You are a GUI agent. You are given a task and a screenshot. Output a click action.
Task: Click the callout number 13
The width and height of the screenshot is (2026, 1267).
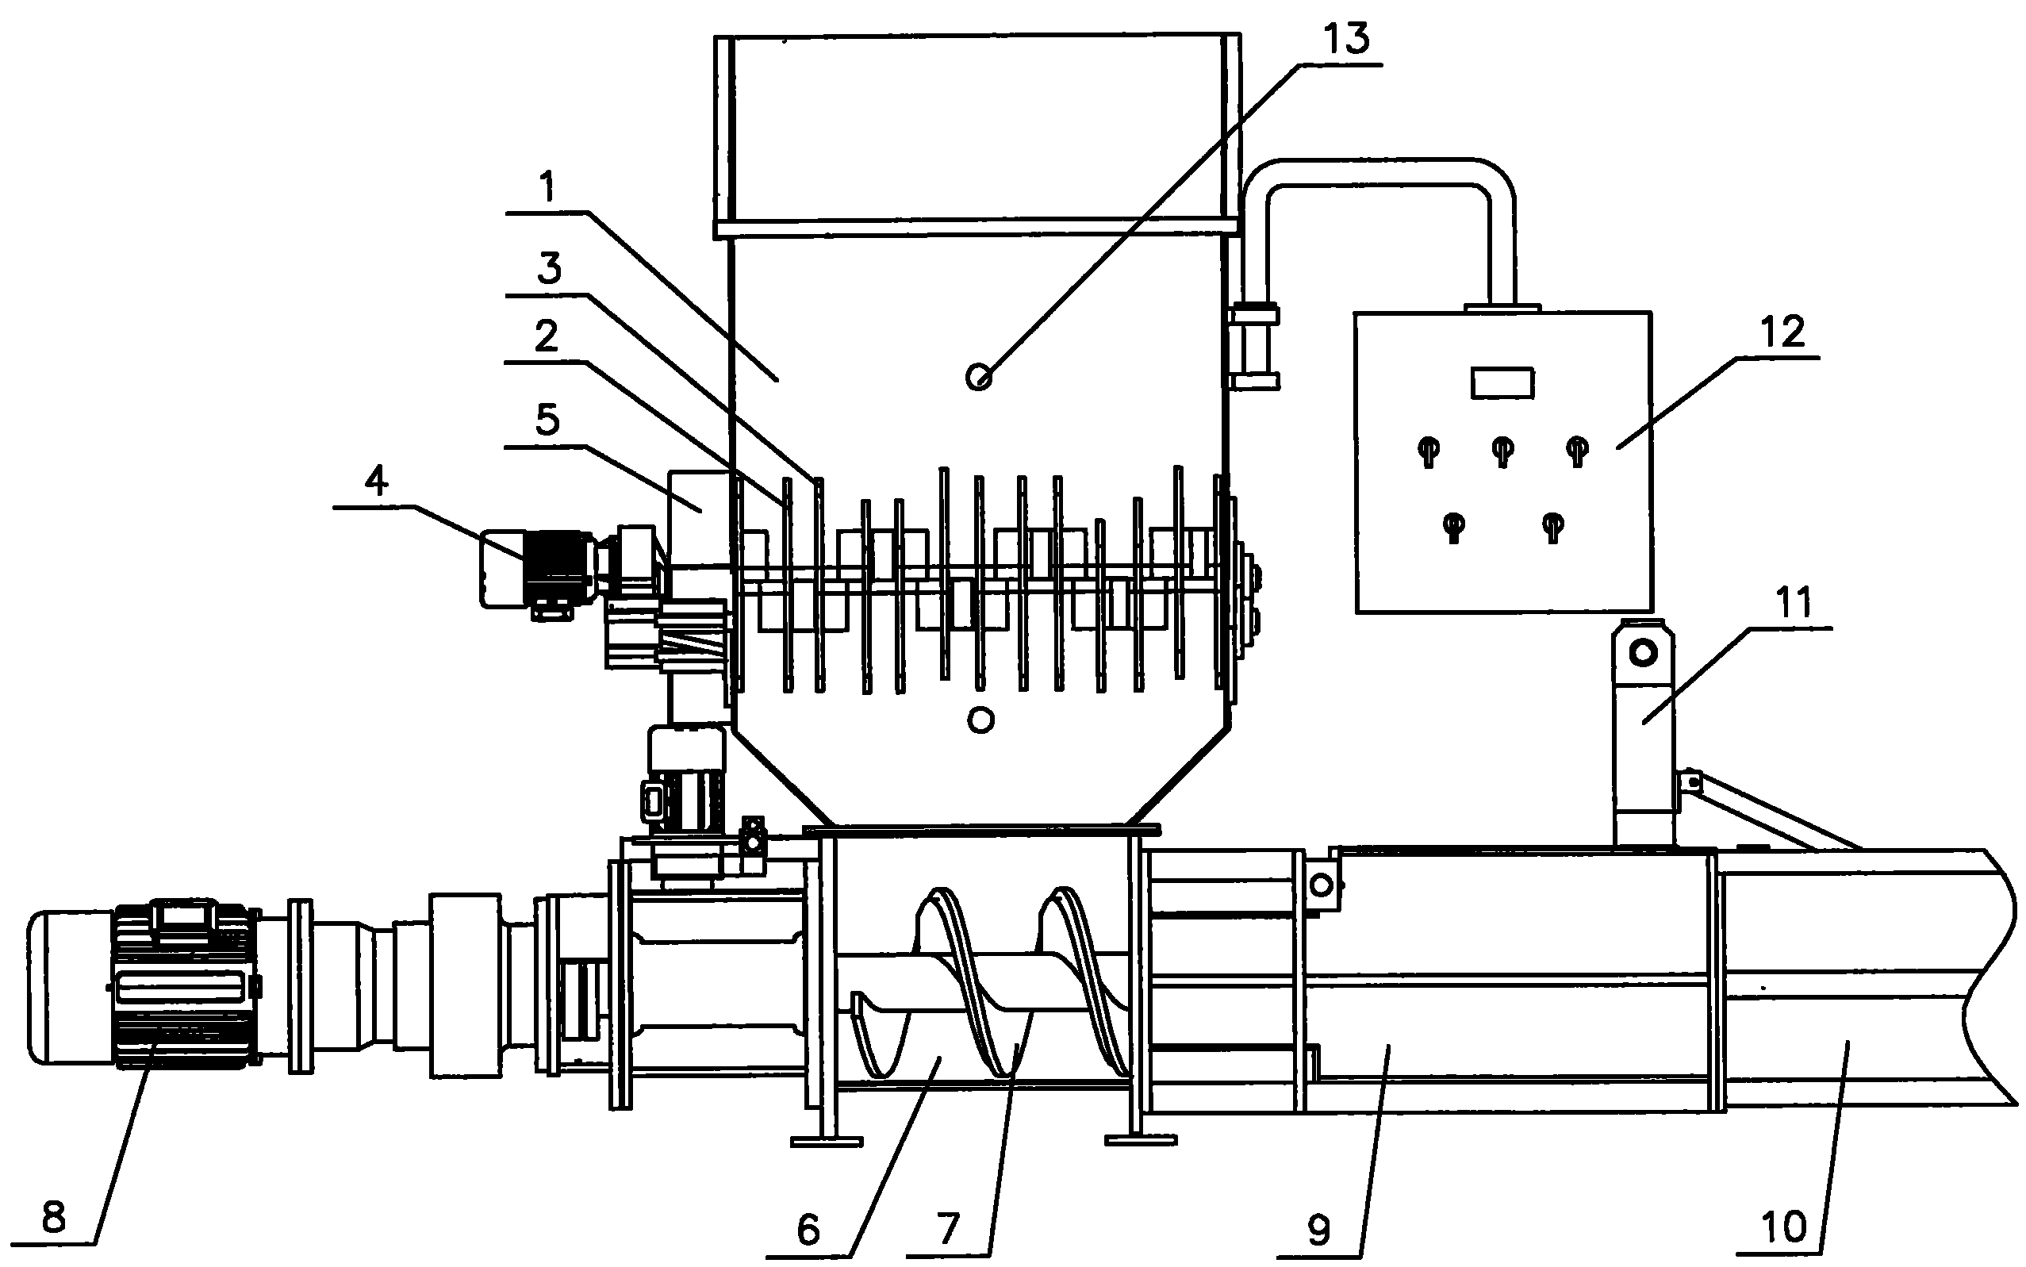tap(1347, 40)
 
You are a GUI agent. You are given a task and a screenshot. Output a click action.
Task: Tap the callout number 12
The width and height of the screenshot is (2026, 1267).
tap(1782, 332)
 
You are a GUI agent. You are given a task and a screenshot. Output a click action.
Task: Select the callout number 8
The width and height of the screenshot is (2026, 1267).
tap(54, 1218)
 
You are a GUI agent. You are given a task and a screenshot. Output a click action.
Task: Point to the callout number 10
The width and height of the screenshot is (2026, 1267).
tap(1784, 1227)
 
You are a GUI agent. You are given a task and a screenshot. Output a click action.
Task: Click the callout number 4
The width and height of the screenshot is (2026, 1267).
tap(376, 482)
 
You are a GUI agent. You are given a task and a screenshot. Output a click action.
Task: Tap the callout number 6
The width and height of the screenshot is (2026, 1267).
tap(808, 1229)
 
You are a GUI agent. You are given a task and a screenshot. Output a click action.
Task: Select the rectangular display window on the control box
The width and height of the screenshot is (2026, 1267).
tap(1502, 383)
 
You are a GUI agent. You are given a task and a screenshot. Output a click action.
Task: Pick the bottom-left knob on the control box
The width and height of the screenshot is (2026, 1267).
tap(1453, 525)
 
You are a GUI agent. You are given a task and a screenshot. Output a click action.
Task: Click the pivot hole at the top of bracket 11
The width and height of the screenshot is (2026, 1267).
tap(1644, 652)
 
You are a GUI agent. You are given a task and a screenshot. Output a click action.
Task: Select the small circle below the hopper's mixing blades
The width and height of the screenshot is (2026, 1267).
tap(980, 719)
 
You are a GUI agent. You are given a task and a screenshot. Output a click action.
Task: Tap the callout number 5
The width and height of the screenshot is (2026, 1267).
tap(547, 420)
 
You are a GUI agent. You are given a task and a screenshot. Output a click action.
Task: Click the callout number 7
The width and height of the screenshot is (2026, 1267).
tap(948, 1229)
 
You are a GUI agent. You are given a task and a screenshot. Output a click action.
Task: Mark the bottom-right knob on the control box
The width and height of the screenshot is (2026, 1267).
tap(1553, 525)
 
